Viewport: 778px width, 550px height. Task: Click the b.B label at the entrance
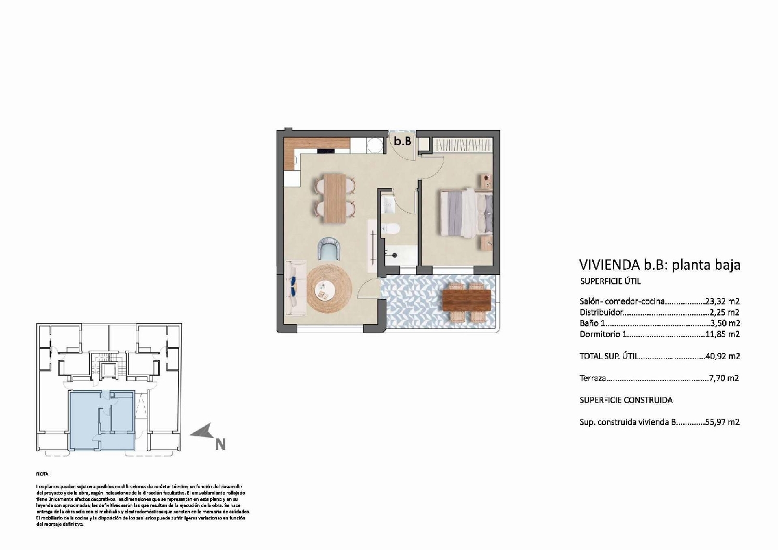[402, 141]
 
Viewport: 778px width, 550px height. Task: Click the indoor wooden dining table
[335, 198]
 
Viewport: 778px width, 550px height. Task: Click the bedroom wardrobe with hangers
[462, 145]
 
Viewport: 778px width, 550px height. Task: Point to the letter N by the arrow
[220, 445]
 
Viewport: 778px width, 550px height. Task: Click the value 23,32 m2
[723, 301]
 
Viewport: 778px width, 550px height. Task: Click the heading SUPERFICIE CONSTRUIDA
[626, 400]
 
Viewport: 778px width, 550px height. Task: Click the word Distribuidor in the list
[601, 312]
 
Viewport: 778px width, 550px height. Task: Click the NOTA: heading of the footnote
[43, 474]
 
